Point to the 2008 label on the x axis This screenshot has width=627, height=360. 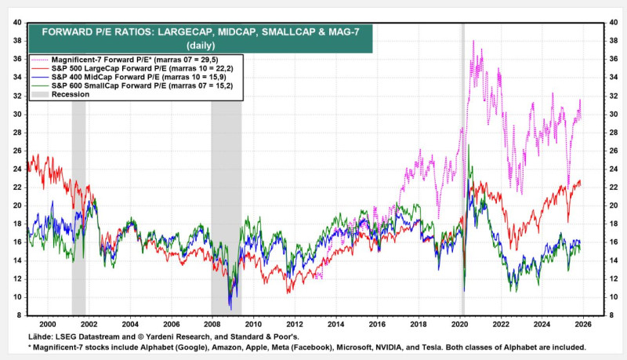coord(212,323)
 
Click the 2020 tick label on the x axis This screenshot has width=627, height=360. coord(460,323)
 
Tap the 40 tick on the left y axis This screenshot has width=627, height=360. coord(16,22)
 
